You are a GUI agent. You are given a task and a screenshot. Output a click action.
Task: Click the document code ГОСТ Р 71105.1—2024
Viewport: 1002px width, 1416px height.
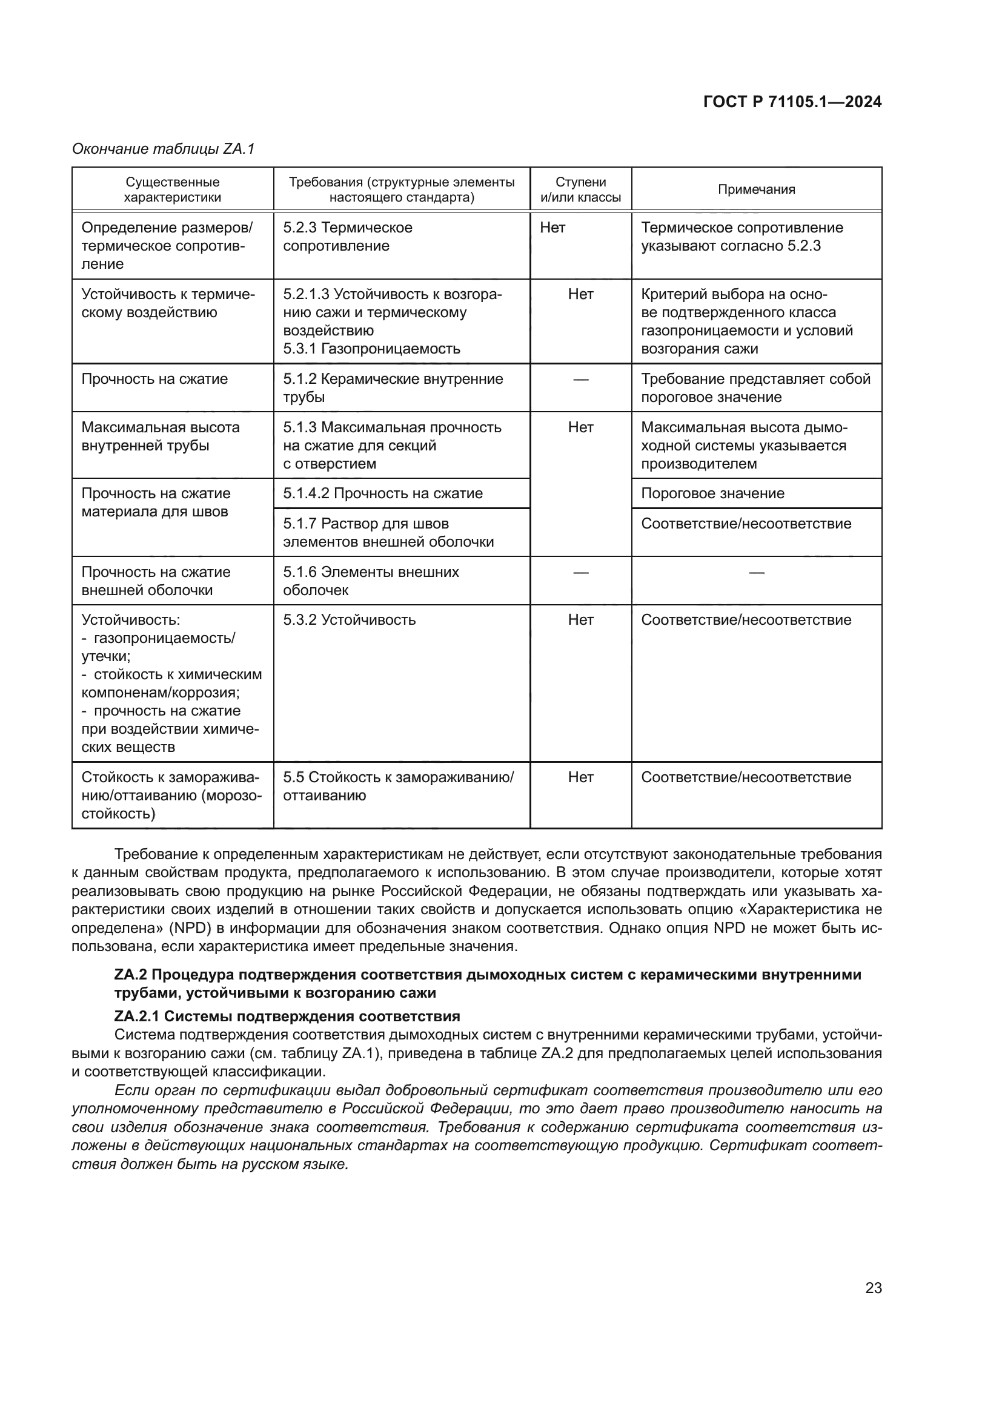tap(792, 102)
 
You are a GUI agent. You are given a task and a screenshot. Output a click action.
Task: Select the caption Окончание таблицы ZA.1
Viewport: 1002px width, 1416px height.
tap(164, 149)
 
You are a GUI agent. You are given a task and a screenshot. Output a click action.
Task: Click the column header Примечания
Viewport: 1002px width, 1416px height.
tap(756, 189)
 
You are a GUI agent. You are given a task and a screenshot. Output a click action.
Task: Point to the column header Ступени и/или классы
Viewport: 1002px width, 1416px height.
tap(580, 189)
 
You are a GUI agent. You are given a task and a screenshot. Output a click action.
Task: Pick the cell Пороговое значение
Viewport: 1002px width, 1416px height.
tap(712, 493)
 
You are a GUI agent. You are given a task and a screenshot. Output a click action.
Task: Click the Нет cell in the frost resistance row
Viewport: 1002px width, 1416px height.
tap(580, 777)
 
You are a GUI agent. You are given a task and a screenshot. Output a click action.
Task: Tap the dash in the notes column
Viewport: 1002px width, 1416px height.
tap(756, 573)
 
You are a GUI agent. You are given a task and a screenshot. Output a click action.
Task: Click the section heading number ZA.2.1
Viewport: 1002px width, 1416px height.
tap(136, 1016)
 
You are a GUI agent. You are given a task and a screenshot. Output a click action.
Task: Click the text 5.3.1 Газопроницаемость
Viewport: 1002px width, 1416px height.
tap(371, 349)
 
